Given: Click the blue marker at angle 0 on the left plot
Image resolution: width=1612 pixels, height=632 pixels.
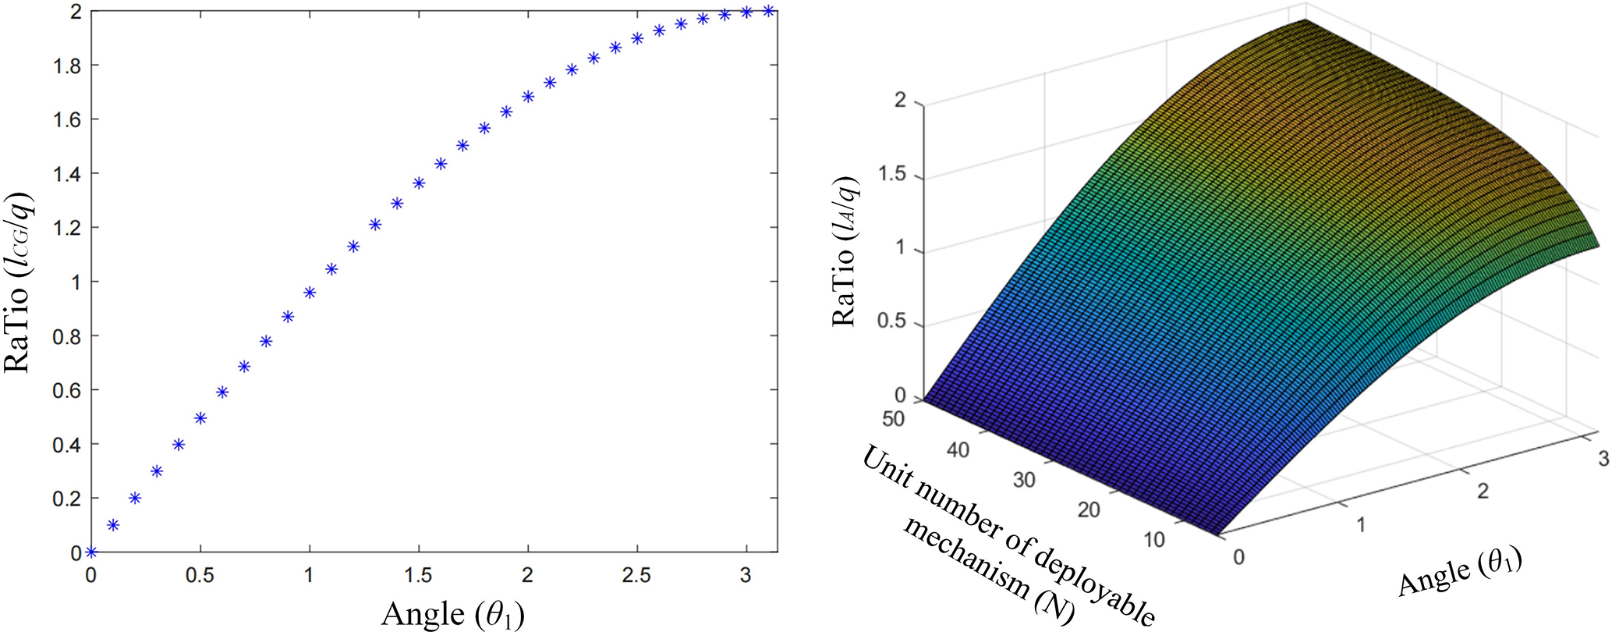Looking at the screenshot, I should (x=91, y=552).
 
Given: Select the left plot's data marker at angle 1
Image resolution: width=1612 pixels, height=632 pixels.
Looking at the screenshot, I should (x=310, y=293).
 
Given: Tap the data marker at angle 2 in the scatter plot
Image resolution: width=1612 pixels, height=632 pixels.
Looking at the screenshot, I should (x=528, y=97).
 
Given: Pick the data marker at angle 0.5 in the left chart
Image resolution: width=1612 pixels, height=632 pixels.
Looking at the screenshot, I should (x=200, y=418).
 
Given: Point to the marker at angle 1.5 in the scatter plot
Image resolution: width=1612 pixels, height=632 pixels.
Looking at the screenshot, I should (x=419, y=183).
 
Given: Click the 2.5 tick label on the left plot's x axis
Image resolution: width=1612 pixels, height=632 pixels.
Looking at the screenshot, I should (x=637, y=576).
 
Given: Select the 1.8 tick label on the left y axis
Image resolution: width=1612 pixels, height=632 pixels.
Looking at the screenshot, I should (x=69, y=66).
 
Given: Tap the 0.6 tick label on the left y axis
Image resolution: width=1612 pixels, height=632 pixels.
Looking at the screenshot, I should (x=69, y=390).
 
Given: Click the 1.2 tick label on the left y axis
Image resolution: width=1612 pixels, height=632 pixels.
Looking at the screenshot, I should (x=69, y=228).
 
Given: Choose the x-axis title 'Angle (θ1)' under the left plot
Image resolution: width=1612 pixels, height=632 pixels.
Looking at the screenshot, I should (x=452, y=615).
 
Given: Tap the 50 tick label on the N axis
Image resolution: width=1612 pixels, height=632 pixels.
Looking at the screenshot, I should (x=894, y=419).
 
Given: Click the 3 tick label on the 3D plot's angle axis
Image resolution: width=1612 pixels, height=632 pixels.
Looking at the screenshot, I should (x=1603, y=459).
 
